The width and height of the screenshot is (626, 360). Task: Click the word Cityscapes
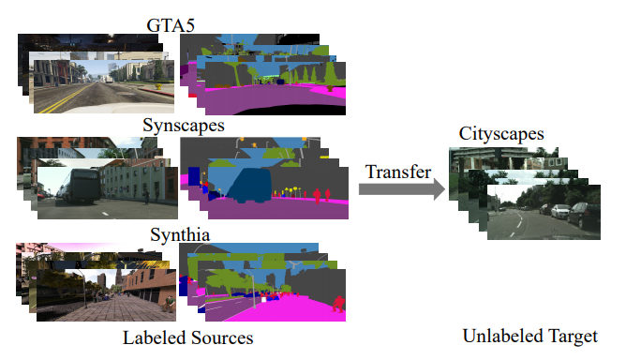pyautogui.click(x=501, y=135)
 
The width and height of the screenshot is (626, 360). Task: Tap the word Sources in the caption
pyautogui.click(x=221, y=337)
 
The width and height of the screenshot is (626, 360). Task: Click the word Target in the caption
pyautogui.click(x=573, y=337)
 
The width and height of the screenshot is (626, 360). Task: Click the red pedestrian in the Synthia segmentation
pyautogui.click(x=338, y=305)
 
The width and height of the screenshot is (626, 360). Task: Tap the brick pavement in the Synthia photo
pyautogui.click(x=103, y=306)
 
